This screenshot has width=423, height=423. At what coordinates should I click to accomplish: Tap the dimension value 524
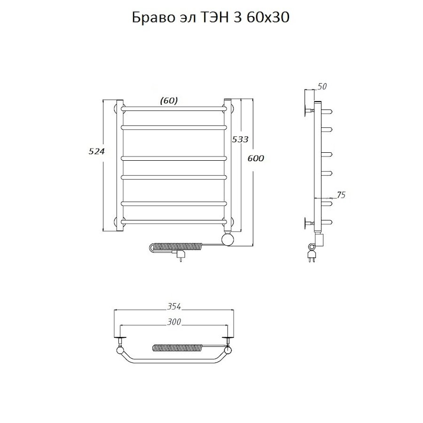(x=96, y=151)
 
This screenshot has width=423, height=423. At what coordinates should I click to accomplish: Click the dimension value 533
(x=240, y=139)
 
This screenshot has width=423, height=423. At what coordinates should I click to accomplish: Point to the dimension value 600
(x=256, y=158)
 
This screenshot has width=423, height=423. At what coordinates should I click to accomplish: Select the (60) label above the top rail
(x=169, y=100)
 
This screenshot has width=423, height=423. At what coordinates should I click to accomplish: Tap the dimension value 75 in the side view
(x=341, y=195)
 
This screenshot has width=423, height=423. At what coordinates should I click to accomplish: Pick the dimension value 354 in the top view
(x=173, y=307)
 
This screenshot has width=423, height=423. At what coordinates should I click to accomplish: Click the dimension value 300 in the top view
(x=173, y=322)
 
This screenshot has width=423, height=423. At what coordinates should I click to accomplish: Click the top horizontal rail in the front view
(x=173, y=109)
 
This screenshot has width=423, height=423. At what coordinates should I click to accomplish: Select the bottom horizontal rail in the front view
(x=173, y=220)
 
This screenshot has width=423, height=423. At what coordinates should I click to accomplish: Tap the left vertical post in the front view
(x=120, y=164)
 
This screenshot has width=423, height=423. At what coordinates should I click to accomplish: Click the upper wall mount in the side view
(x=309, y=111)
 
